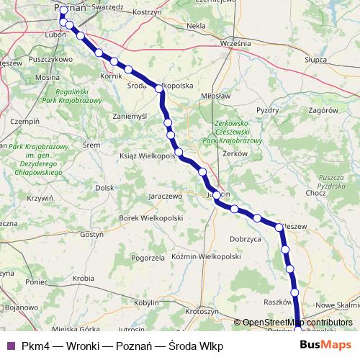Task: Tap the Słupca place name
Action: coord(316,60)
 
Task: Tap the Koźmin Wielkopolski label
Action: coord(205,256)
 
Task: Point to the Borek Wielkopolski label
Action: coord(150,217)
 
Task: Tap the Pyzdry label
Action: coord(267,110)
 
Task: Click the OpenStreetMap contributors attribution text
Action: coord(296,323)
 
